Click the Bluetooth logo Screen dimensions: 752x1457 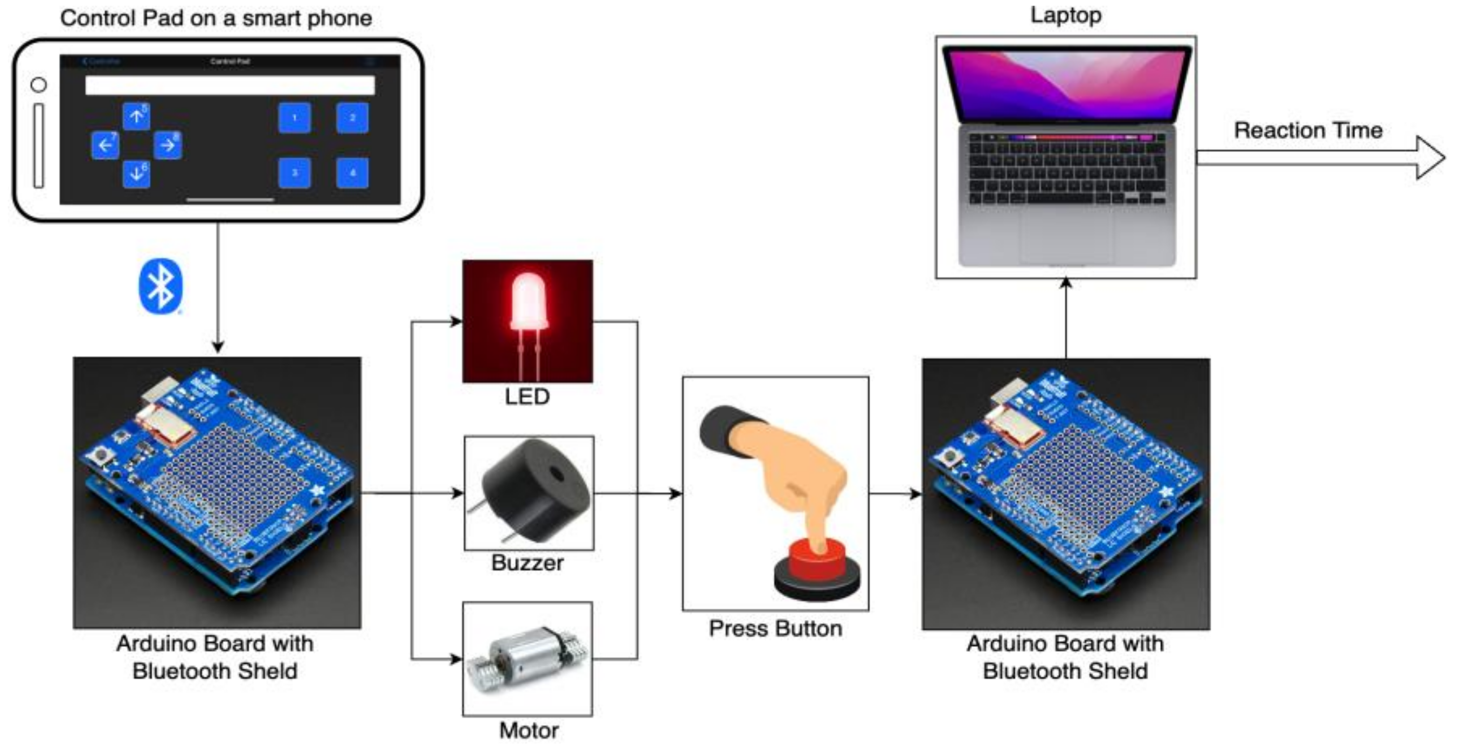click(161, 286)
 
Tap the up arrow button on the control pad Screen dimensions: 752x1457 click(136, 116)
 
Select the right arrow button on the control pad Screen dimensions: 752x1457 click(168, 145)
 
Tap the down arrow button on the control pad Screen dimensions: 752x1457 click(136, 173)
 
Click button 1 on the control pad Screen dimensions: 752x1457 click(294, 117)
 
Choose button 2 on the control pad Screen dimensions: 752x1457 click(352, 117)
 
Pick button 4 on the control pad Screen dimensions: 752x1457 click(352, 172)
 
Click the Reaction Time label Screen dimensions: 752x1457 click(1308, 130)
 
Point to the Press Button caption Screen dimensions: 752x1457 click(775, 629)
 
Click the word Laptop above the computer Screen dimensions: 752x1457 click(1066, 15)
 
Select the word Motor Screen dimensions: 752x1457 click(528, 730)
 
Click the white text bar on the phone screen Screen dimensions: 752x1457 click(230, 85)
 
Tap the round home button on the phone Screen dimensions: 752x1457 click(38, 85)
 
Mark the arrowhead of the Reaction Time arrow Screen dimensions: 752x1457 click(1431, 158)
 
